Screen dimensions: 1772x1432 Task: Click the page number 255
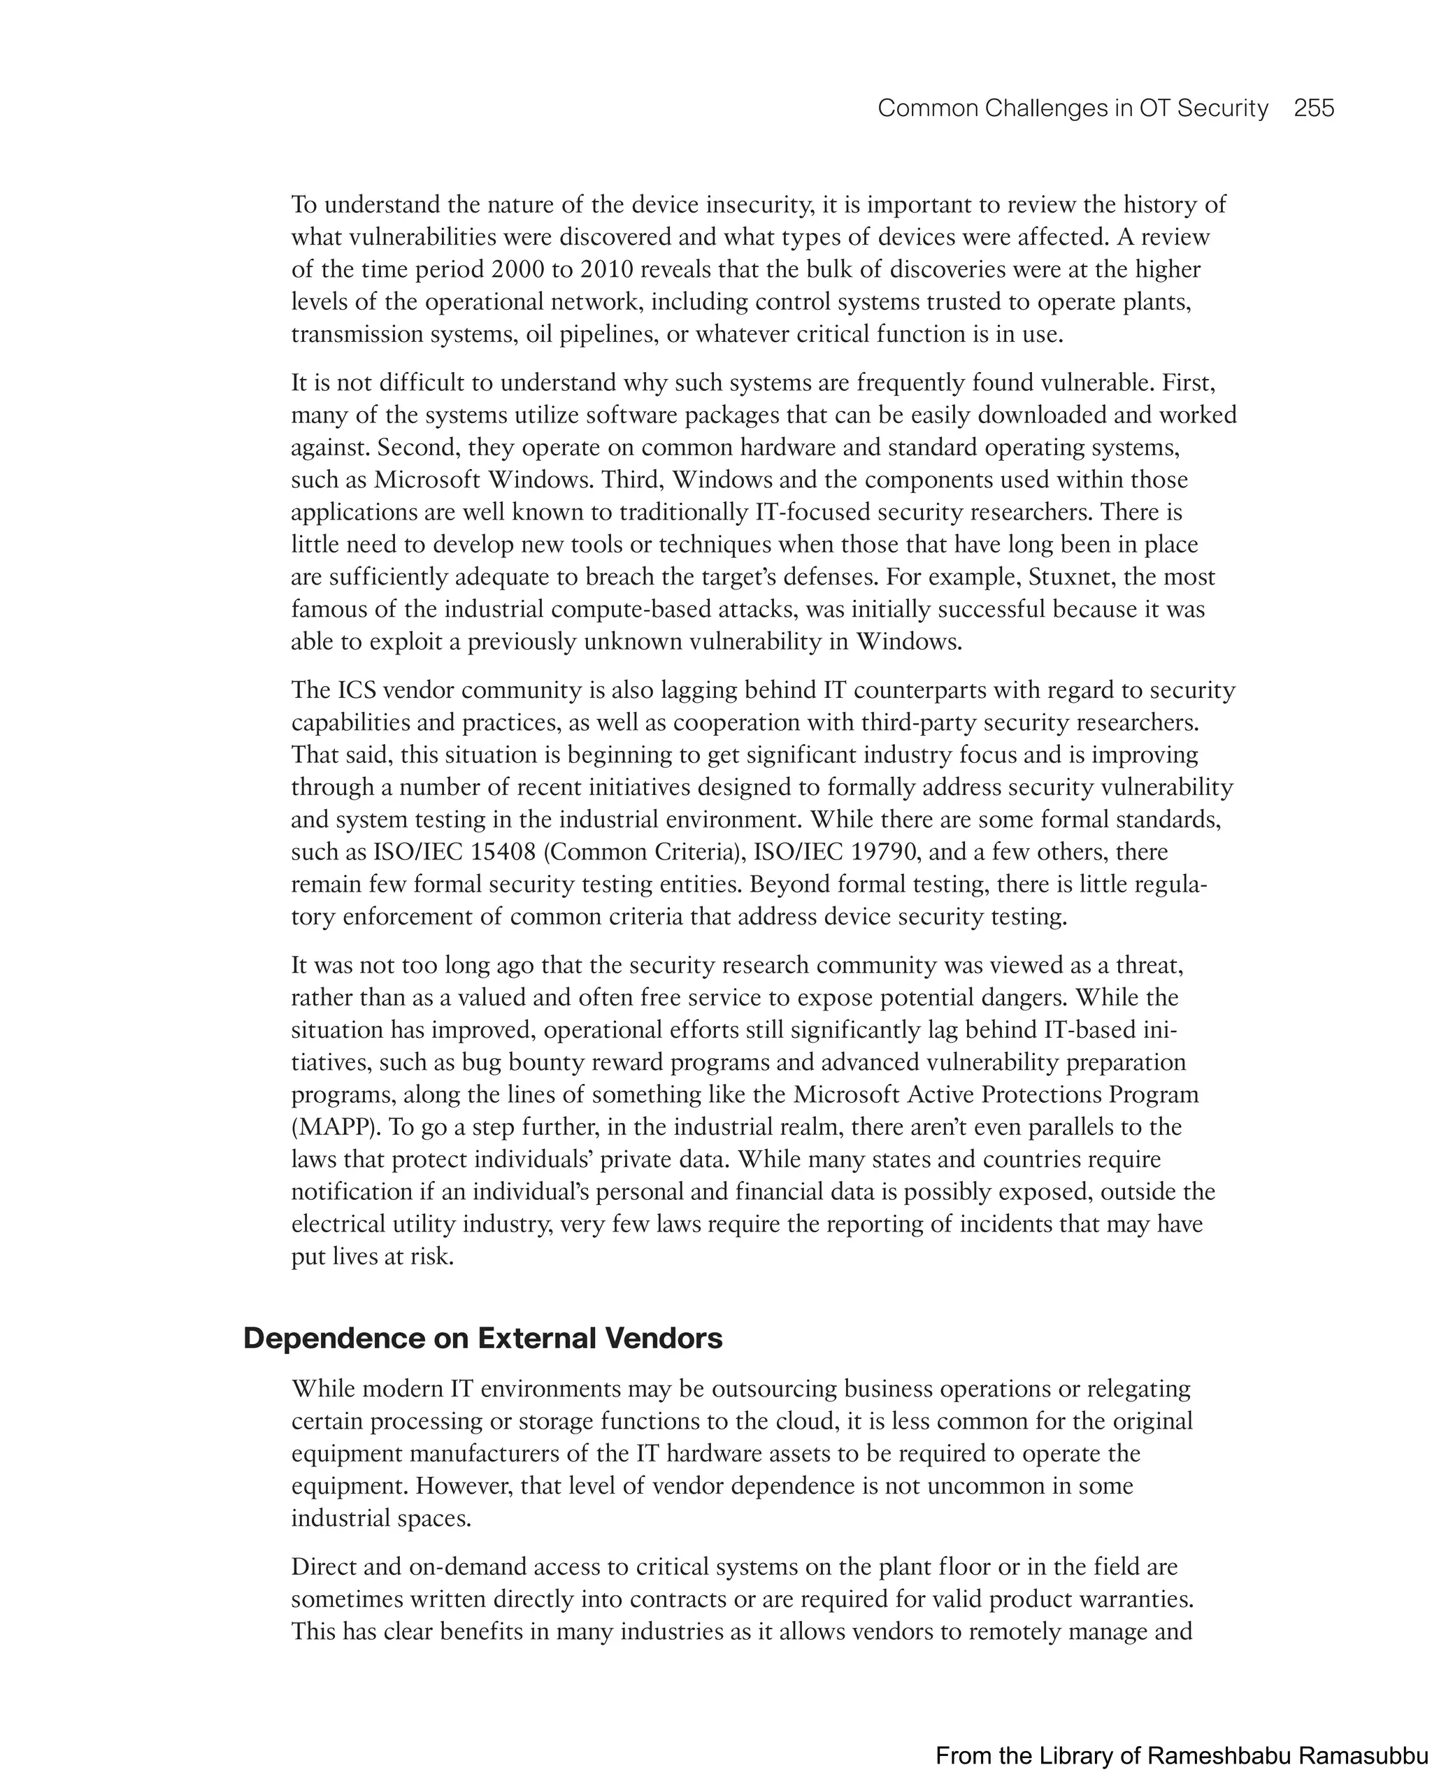pyautogui.click(x=1313, y=108)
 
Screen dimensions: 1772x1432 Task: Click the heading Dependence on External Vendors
pyautogui.click(x=482, y=1337)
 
